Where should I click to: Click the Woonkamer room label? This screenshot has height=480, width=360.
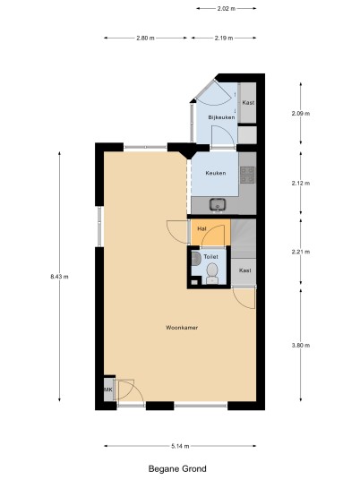pos(182,328)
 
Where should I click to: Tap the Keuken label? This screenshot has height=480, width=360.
pos(216,173)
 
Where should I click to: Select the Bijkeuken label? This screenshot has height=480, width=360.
pos(221,117)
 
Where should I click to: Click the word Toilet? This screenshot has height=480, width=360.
pos(211,257)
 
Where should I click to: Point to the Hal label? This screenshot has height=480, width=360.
pos(201,228)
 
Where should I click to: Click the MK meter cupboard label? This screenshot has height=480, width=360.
pos(108,390)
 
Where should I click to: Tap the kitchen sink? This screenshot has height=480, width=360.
pos(218,205)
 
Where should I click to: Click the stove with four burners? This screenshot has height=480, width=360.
pos(247,175)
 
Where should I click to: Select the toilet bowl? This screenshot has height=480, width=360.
pos(212,273)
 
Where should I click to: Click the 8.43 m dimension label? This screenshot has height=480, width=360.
pos(59,277)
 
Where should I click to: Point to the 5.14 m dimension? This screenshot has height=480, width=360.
pos(180,446)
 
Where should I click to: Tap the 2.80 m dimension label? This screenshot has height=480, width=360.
pos(145,38)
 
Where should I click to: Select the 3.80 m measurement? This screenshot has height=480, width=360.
pos(301,346)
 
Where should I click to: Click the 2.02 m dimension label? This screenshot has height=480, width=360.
pos(227,9)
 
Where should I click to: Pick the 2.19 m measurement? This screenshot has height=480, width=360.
pos(224,38)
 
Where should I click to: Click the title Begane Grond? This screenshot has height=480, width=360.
pos(177,468)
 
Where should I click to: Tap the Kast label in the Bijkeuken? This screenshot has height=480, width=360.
pos(248,103)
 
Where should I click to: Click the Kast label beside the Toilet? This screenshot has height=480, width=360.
pos(244,270)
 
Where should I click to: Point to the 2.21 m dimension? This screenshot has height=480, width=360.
pos(301,252)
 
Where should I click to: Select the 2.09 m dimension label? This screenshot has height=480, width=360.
pos(301,113)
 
